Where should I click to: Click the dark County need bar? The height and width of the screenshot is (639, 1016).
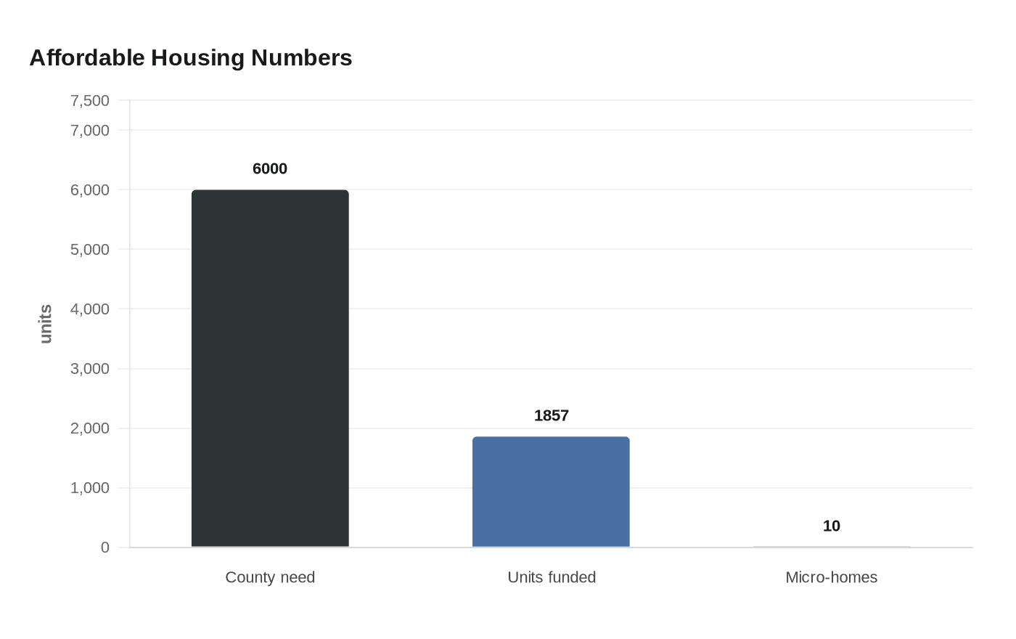tap(270, 368)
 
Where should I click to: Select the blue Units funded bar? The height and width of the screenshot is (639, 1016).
tap(551, 492)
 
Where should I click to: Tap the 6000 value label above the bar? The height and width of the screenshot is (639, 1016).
tap(270, 168)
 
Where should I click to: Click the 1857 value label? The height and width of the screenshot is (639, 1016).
tap(551, 415)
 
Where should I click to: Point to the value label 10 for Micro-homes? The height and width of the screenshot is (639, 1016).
tap(831, 526)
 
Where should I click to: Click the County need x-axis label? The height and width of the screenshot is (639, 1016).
tap(270, 577)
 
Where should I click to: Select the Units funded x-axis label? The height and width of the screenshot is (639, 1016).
tap(552, 577)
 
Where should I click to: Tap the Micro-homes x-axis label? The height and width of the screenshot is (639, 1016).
tap(831, 577)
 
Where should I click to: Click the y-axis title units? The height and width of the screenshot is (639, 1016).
tap(46, 324)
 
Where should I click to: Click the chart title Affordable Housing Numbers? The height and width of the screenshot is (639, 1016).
tap(190, 57)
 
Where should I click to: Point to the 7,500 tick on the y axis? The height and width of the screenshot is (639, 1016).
tap(90, 100)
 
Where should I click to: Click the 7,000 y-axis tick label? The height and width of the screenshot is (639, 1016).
tap(90, 130)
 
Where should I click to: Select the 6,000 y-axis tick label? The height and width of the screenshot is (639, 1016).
tap(90, 190)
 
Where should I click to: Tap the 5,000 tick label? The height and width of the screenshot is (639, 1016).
tap(90, 249)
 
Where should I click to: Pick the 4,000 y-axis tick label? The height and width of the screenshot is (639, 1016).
tap(90, 309)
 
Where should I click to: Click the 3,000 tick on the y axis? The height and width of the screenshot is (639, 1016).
tap(90, 368)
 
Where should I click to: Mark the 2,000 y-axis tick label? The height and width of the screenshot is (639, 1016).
tap(90, 428)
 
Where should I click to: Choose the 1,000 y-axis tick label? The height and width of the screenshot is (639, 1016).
tap(90, 487)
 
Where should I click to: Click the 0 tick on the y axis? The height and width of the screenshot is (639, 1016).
tap(105, 548)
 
